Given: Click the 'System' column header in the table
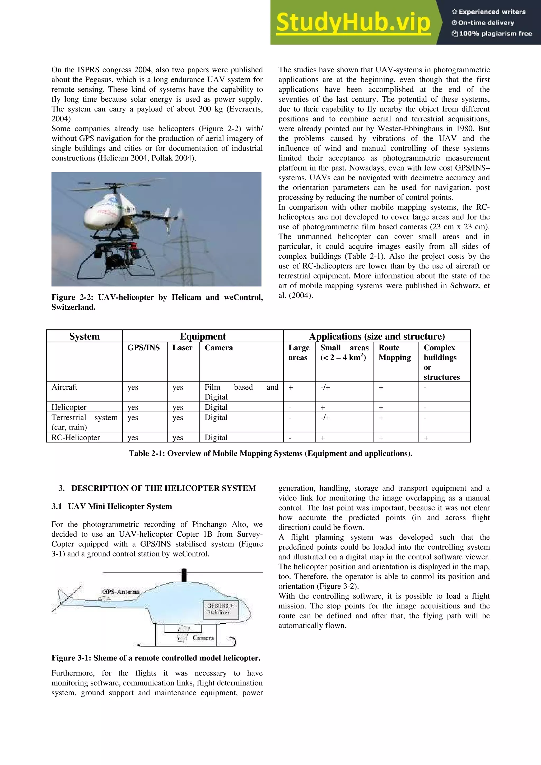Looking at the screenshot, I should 84,336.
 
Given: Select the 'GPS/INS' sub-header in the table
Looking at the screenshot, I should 143,348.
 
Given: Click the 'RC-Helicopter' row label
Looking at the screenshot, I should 76,437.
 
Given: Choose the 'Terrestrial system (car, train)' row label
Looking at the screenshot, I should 84,422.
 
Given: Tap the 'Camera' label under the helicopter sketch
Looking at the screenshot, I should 203,638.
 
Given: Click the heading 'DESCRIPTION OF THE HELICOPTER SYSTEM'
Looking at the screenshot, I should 163,488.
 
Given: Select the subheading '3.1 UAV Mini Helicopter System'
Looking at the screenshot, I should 112,507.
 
